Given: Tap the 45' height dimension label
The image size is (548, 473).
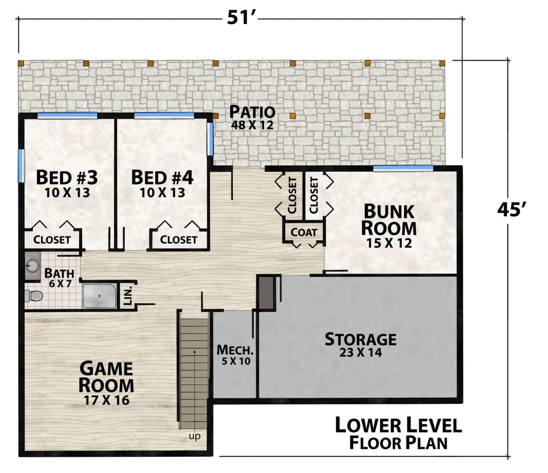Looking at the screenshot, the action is pyautogui.click(x=511, y=209).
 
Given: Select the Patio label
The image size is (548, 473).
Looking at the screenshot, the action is pyautogui.click(x=252, y=112).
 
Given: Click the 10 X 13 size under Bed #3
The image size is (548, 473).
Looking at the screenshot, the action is pyautogui.click(x=67, y=193).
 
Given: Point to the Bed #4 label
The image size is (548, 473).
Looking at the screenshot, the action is pyautogui.click(x=162, y=177).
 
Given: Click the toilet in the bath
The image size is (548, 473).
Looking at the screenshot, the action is pyautogui.click(x=33, y=296).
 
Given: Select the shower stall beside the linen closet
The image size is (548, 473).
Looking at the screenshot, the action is pyautogui.click(x=99, y=296).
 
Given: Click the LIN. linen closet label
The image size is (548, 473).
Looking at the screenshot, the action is pyautogui.click(x=128, y=296).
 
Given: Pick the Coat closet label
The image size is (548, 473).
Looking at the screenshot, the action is pyautogui.click(x=304, y=232).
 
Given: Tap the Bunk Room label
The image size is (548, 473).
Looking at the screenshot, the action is pyautogui.click(x=389, y=220).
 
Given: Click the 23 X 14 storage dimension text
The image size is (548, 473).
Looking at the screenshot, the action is pyautogui.click(x=360, y=352).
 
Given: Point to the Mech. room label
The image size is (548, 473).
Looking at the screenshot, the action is pyautogui.click(x=235, y=350).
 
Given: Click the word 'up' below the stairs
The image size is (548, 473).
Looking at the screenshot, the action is pyautogui.click(x=194, y=437).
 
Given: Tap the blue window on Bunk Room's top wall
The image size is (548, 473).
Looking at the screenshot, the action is pyautogui.click(x=403, y=168).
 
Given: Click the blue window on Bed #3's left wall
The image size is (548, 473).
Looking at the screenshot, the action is pyautogui.click(x=21, y=166).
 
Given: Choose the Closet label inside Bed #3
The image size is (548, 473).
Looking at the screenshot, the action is pyautogui.click(x=52, y=240).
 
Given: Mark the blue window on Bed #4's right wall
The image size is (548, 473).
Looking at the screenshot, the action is pyautogui.click(x=210, y=139).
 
